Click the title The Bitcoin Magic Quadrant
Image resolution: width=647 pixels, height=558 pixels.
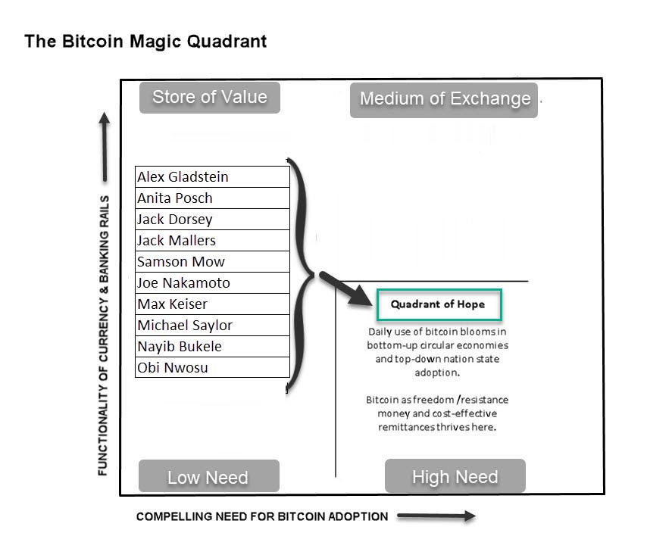pos(145,41)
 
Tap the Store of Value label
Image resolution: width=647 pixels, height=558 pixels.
pos(210,97)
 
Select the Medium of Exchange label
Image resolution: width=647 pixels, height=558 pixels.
pos(445,98)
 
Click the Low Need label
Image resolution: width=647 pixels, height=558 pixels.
pos(208,477)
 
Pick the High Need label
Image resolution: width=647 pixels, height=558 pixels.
pos(455,477)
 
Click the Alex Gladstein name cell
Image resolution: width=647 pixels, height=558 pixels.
pos(212,177)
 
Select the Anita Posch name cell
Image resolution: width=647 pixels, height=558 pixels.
pos(212,198)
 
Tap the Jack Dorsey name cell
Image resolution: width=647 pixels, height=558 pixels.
pos(212,220)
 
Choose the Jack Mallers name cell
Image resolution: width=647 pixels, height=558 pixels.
pos(212,241)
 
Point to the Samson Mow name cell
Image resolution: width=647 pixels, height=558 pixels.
pos(212,262)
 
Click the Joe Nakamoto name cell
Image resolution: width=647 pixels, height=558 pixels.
pos(212,283)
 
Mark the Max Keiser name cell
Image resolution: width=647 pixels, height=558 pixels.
pos(212,304)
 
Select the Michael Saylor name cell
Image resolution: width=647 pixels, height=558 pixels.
pos(212,326)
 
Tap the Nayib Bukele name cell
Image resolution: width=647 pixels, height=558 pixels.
pos(212,347)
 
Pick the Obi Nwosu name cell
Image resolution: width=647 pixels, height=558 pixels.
pos(212,368)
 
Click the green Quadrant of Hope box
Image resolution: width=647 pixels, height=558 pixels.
pos(438,304)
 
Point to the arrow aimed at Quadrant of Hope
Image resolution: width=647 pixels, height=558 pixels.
pos(345,288)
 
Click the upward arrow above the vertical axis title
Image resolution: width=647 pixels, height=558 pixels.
pos(105,148)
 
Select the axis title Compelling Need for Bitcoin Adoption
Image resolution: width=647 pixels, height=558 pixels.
pos(262,516)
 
